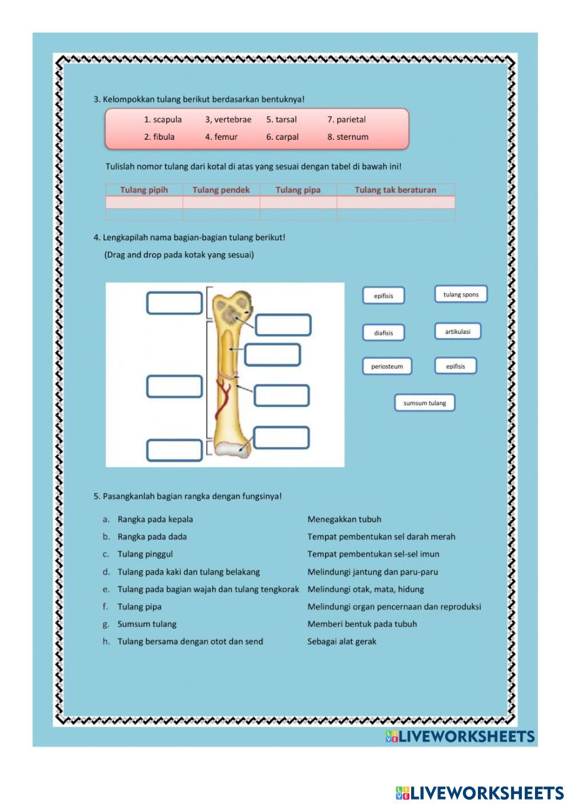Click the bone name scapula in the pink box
pyautogui.click(x=163, y=119)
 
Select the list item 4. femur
pyautogui.click(x=221, y=137)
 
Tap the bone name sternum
pyautogui.click(x=348, y=137)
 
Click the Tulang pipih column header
pyautogui.click(x=144, y=190)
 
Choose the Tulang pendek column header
pyautogui.click(x=221, y=190)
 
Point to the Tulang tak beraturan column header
pyautogui.click(x=395, y=190)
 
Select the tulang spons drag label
pyautogui.click(x=461, y=294)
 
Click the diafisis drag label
pyautogui.click(x=384, y=333)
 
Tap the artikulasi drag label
pyautogui.click(x=457, y=332)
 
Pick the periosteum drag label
pyautogui.click(x=387, y=366)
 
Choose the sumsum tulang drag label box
pyautogui.click(x=425, y=403)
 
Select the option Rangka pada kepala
pyautogui.click(x=155, y=519)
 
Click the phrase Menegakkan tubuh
pyautogui.click(x=344, y=519)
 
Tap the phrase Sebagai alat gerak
pyautogui.click(x=342, y=641)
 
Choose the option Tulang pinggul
pyautogui.click(x=145, y=554)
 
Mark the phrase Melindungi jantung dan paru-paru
pyautogui.click(x=373, y=572)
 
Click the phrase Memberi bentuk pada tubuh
pyautogui.click(x=362, y=624)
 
